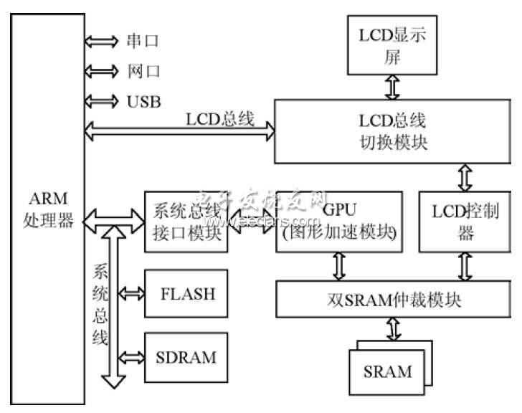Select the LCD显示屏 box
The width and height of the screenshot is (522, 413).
pos(391,47)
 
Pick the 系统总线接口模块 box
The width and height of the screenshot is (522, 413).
pos(186,222)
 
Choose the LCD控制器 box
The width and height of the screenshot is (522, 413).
pos(460,222)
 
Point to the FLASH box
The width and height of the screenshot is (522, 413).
pos(186,293)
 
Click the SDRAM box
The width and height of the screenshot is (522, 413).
pos(186,356)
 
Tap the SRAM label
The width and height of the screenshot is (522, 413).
pos(388,371)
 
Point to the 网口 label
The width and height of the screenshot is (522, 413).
pos(142,72)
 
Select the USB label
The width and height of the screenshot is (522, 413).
pos(144,100)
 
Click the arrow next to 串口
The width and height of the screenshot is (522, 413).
pos(100,42)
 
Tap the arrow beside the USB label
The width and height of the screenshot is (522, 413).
pos(100,100)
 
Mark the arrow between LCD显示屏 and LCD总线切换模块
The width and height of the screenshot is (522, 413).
pos(391,87)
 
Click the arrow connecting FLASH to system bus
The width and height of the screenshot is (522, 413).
pos(131,293)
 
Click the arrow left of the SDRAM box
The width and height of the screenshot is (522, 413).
pos(131,356)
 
